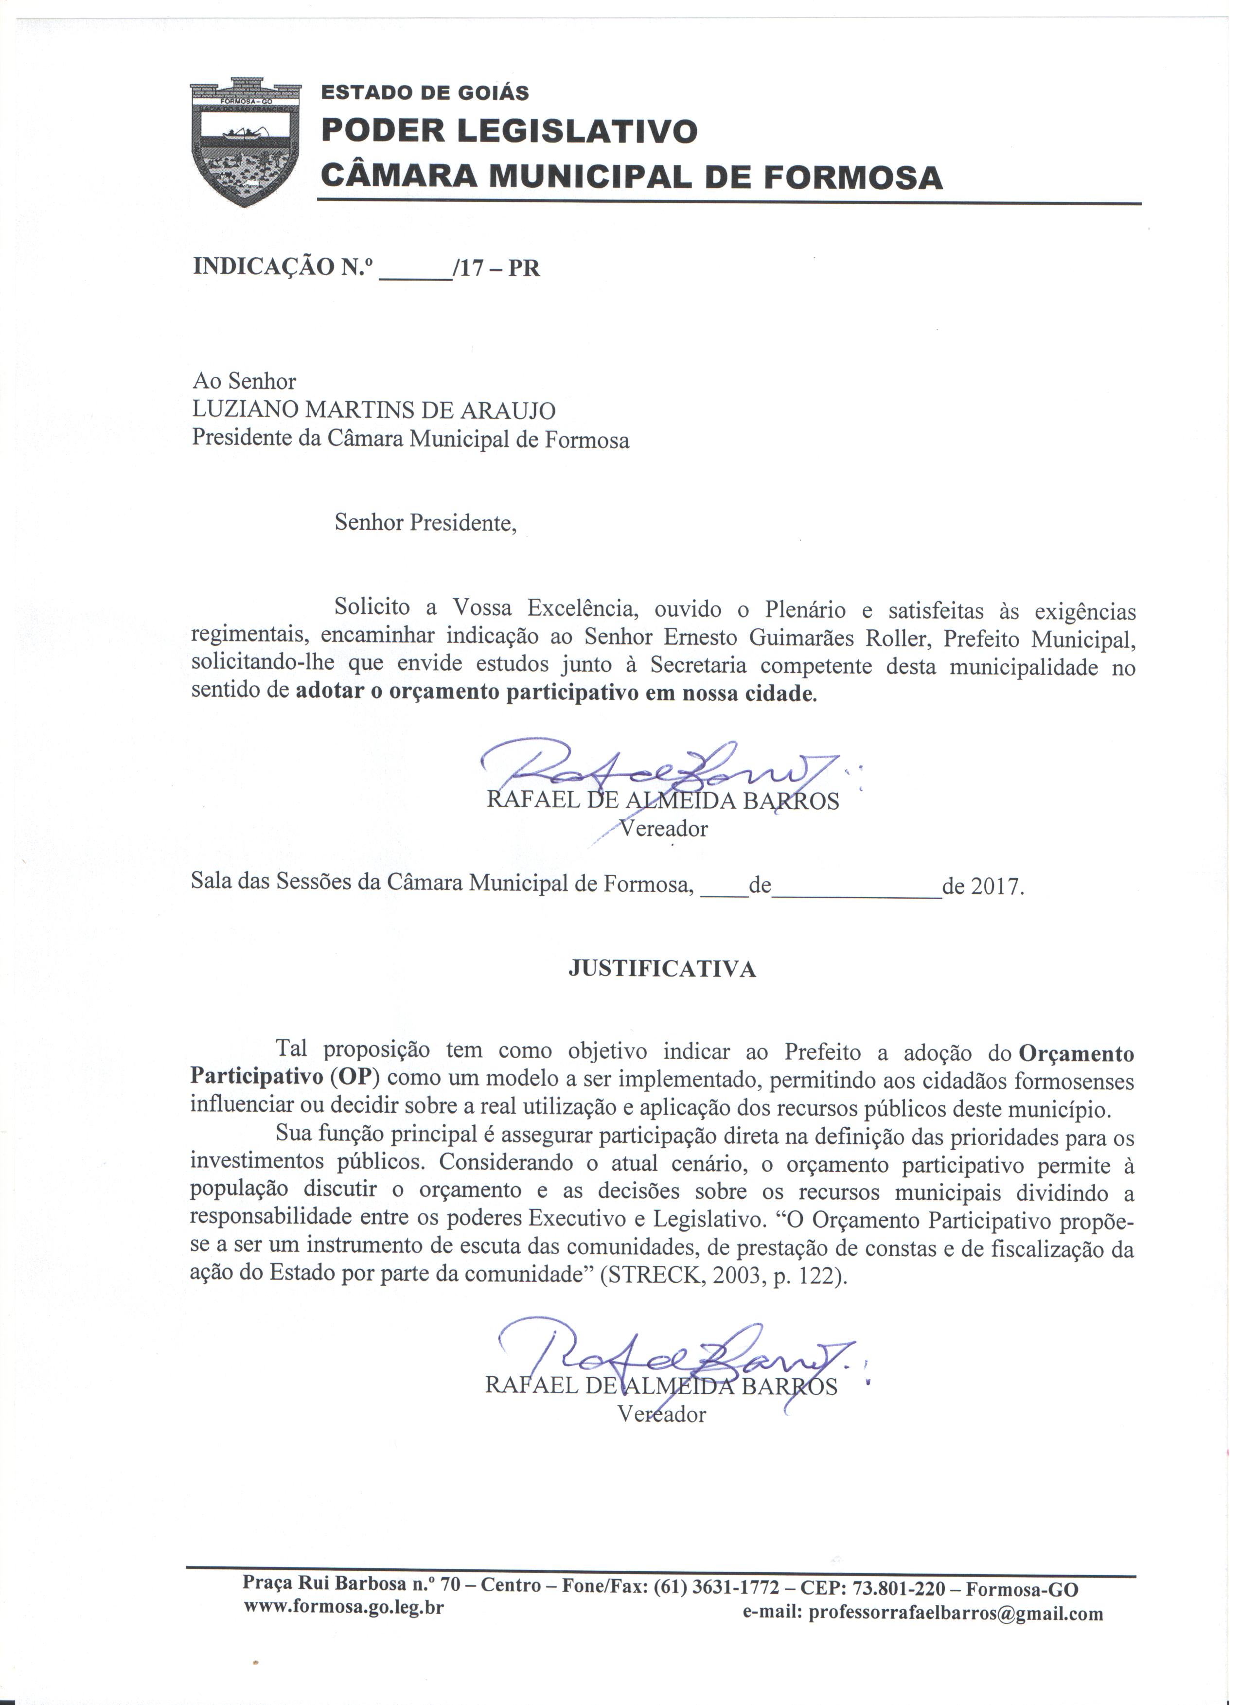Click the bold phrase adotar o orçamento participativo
(x=468, y=693)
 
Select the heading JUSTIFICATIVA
(x=661, y=970)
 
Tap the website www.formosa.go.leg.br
(x=343, y=1606)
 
